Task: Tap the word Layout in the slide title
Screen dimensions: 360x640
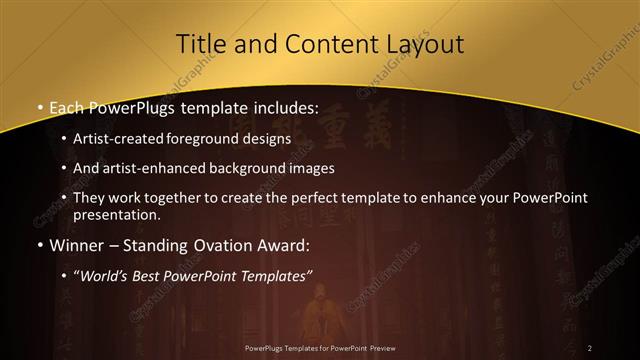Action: point(423,44)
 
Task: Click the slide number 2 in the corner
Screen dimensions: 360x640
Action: point(590,347)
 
